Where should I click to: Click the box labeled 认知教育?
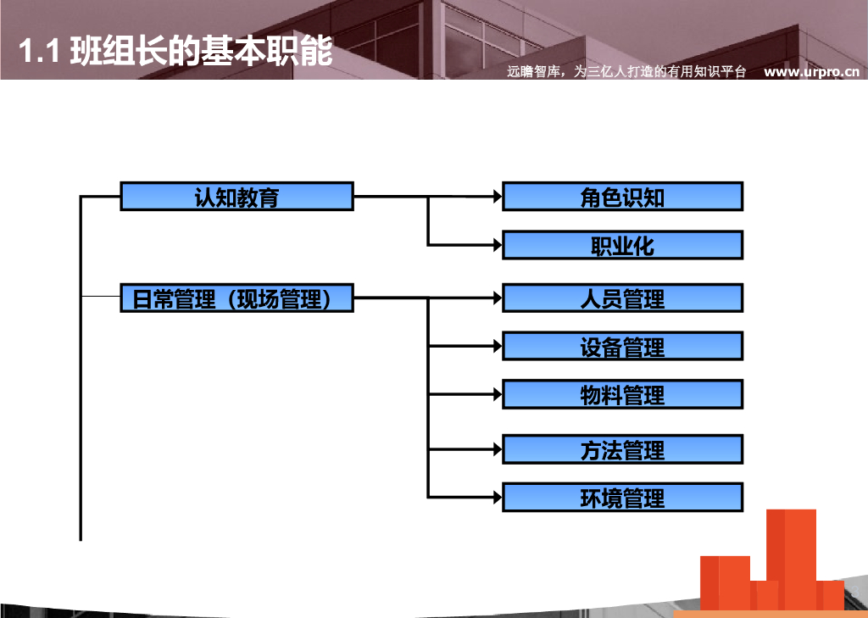tap(236, 196)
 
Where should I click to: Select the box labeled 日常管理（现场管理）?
tap(236, 298)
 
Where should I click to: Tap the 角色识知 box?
tap(622, 196)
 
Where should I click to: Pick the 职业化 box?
tap(622, 245)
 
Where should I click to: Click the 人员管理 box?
tap(622, 298)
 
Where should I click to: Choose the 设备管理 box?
tap(622, 346)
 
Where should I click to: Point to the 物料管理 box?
tap(622, 394)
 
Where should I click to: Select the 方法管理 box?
tap(622, 449)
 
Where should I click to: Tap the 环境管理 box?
tap(622, 497)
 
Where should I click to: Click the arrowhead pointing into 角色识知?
tap(497, 196)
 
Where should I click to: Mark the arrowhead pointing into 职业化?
tap(497, 245)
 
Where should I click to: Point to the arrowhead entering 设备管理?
tap(497, 346)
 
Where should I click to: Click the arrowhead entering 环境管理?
tap(497, 497)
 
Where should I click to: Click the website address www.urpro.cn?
tap(811, 72)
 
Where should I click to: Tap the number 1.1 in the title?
tap(37, 53)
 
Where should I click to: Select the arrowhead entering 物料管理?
tap(497, 394)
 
